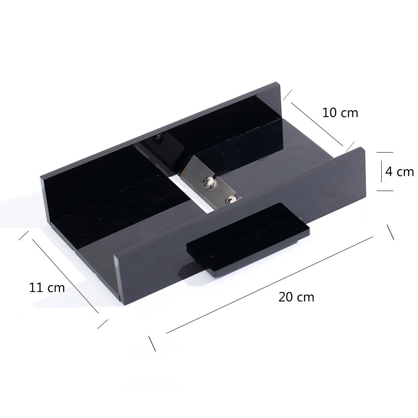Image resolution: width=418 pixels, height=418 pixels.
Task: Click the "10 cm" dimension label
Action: click(x=340, y=112)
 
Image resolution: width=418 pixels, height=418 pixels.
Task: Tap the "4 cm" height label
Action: click(x=399, y=172)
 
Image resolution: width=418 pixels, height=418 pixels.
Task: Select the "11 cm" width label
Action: click(x=47, y=288)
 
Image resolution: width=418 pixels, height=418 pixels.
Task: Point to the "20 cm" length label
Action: click(x=296, y=297)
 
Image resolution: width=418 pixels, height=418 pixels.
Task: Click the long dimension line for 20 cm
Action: click(x=269, y=285)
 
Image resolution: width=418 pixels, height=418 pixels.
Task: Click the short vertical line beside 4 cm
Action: click(x=381, y=172)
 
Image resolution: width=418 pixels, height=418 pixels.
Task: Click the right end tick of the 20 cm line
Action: click(x=390, y=232)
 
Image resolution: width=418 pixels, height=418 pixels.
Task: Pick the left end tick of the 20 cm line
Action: click(x=152, y=343)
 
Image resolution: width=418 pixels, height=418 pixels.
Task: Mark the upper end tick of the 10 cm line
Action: click(x=287, y=94)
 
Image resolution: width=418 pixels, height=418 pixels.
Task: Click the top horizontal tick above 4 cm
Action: click(x=385, y=153)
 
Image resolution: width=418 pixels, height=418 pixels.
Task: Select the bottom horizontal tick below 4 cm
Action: click(x=385, y=191)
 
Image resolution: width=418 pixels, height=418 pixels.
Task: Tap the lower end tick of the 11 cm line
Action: click(x=103, y=324)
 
